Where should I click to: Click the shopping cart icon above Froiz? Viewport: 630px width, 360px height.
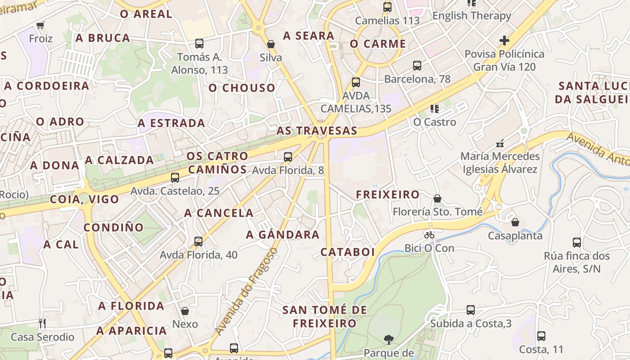tap(40, 25)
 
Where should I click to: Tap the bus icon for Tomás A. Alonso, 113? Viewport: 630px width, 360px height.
tap(199, 44)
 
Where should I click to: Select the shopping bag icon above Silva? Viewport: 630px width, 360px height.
tap(271, 44)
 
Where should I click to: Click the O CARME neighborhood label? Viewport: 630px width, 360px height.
tap(378, 44)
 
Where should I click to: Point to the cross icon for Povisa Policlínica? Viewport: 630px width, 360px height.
tap(504, 40)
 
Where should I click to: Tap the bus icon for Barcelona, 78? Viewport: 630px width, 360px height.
tap(417, 66)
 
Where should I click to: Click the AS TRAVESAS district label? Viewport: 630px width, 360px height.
tap(317, 131)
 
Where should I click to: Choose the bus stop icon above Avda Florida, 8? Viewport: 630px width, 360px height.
tap(288, 157)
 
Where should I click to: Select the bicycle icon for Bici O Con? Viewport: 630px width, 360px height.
tap(429, 235)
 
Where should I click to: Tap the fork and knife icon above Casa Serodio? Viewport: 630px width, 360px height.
tap(42, 323)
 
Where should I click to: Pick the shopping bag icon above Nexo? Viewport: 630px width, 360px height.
tap(185, 311)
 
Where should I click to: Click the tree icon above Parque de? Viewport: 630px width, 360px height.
tap(388, 339)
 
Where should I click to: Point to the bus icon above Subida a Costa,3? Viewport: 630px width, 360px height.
tap(471, 310)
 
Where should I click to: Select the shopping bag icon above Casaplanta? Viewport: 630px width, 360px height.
tap(515, 222)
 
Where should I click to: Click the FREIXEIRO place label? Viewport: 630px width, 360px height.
tap(388, 195)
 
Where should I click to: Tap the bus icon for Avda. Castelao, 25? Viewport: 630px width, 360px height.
tap(175, 178)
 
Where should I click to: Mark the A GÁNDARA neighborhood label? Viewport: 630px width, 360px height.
tap(283, 235)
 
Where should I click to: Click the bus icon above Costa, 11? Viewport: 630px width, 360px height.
tap(541, 336)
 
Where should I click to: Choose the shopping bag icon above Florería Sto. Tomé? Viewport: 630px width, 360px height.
tap(437, 198)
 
